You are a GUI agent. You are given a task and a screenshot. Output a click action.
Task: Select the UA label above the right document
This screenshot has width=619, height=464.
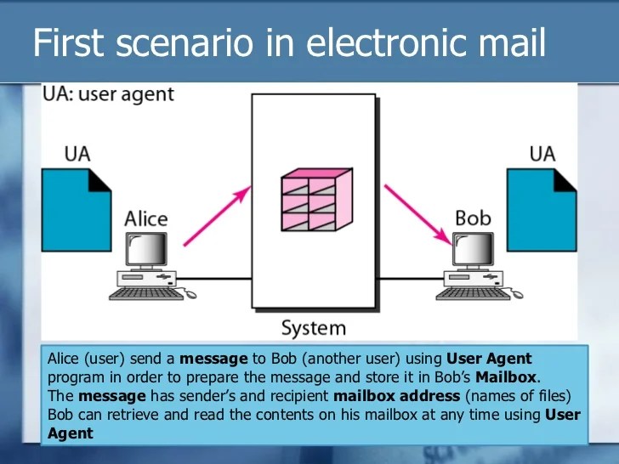pos(542,154)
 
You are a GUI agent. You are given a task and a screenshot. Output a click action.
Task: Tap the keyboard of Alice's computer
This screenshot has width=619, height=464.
pos(145,293)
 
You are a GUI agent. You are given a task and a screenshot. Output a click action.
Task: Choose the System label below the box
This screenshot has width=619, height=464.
pos(314,327)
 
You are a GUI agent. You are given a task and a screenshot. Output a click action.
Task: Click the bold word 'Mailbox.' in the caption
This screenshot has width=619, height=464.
pos(507,377)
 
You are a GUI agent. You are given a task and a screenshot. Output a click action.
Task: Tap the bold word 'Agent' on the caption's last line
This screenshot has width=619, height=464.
pos(71,433)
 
